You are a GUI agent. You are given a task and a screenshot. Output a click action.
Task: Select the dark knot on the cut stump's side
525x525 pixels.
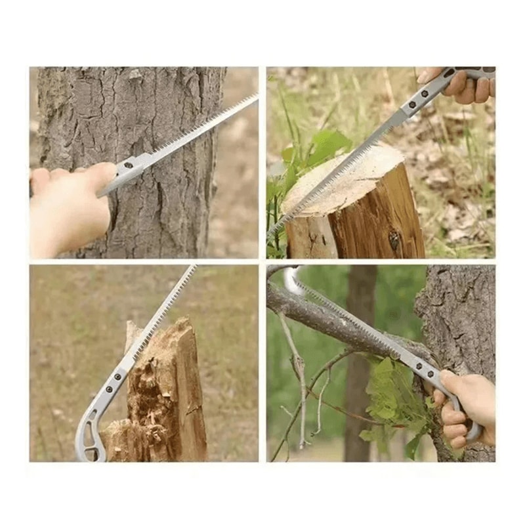coord(394,240)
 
